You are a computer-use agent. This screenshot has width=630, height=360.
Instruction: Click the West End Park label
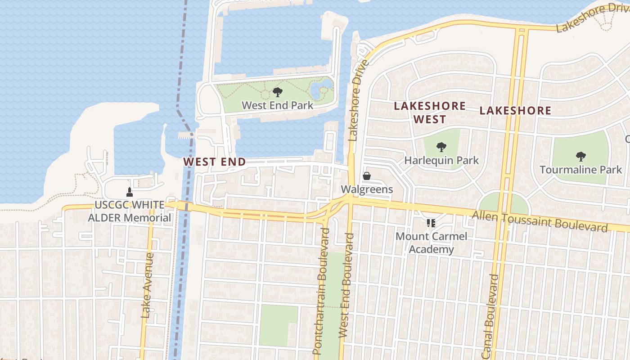[x=277, y=105]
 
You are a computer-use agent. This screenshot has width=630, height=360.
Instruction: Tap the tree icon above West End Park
[x=278, y=92]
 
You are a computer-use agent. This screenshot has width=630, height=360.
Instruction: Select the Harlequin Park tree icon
[x=441, y=147]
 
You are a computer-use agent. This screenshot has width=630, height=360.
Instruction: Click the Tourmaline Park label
[x=580, y=170]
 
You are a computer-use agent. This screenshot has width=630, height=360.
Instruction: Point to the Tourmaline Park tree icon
[x=580, y=157]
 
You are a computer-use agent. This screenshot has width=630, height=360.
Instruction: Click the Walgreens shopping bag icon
[x=367, y=176]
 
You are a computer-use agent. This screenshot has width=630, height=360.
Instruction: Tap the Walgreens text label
[x=367, y=189]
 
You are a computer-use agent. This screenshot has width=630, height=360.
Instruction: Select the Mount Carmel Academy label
[x=431, y=243]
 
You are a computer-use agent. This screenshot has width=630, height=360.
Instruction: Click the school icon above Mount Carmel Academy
[x=431, y=223]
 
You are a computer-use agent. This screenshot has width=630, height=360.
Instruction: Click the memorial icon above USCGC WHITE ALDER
[x=130, y=192]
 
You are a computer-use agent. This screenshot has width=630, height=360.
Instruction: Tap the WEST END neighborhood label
[x=215, y=162]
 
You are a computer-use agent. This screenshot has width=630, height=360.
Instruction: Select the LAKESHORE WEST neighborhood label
[x=430, y=112]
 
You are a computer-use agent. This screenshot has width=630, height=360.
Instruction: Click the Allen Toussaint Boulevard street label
[x=540, y=220]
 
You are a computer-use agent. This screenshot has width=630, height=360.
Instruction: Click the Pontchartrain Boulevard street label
[x=322, y=292]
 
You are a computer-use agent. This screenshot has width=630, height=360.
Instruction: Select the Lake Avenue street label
[x=147, y=286]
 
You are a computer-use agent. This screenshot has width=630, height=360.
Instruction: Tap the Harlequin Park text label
[x=441, y=160]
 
